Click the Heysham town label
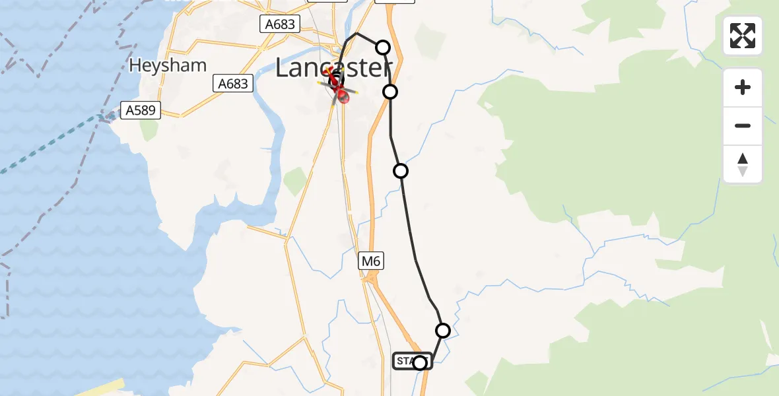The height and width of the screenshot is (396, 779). tap(168, 65)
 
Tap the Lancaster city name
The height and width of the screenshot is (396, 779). tap(333, 67)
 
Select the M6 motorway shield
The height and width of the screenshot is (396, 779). tap(371, 261)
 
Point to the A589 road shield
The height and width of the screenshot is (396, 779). tap(141, 110)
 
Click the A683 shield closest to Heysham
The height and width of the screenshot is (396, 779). tap(233, 83)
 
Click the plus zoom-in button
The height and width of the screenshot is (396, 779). tap(743, 87)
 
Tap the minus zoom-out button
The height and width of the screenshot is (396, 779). tap(743, 125)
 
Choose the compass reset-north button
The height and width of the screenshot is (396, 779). tap(743, 164)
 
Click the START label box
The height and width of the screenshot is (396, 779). tap(413, 360)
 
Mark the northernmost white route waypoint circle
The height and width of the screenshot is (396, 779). tap(383, 47)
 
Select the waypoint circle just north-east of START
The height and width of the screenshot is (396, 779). tap(443, 330)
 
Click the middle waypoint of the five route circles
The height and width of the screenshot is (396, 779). tap(401, 171)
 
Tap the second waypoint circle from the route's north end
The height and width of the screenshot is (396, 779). tap(390, 91)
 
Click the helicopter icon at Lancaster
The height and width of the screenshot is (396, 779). tap(338, 88)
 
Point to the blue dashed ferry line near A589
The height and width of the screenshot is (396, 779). tap(53, 145)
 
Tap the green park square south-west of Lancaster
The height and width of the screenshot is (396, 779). tap(295, 181)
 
